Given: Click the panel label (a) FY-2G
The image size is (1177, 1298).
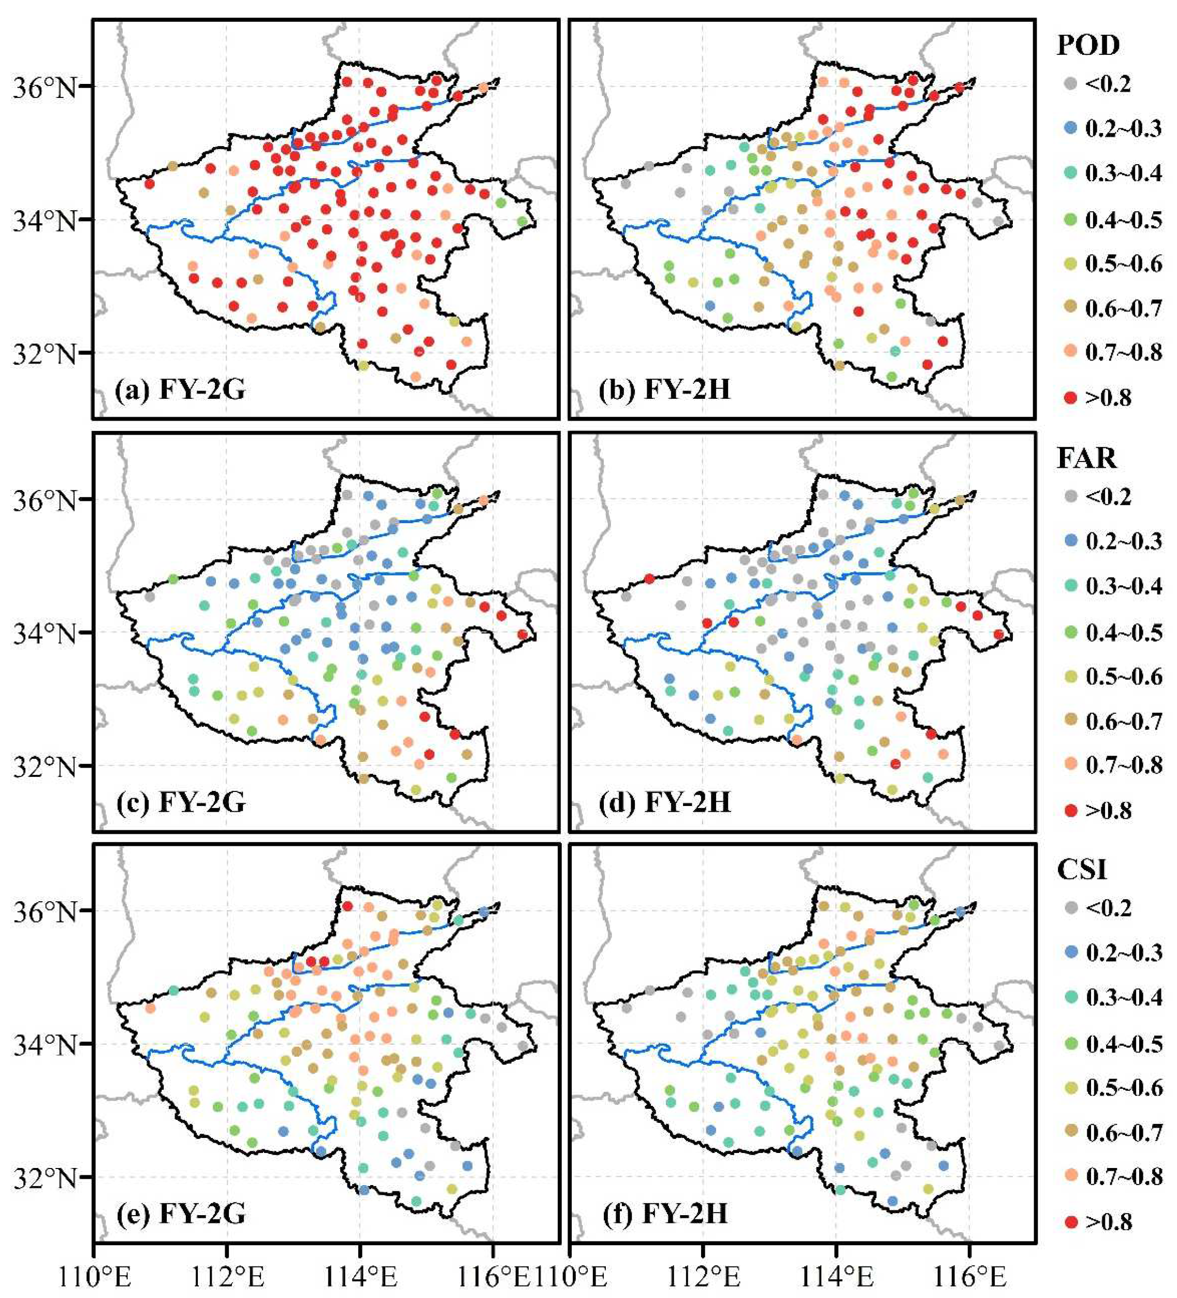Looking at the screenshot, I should click(180, 390).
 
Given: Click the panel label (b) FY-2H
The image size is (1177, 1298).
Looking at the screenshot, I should click(664, 390).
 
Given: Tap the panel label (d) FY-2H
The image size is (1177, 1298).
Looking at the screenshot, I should click(664, 803).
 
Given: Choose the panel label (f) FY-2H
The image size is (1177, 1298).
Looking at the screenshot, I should click(664, 1214).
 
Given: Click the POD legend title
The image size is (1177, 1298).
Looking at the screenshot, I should click(1087, 45).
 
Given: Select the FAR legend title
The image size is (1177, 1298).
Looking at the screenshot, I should click(1086, 458).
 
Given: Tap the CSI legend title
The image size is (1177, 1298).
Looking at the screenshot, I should click(1082, 869).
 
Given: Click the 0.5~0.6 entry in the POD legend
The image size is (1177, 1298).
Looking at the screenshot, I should click(1124, 263).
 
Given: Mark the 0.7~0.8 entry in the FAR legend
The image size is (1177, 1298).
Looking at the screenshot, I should click(1124, 765).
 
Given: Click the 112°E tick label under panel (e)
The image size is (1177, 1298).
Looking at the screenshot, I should click(226, 1277).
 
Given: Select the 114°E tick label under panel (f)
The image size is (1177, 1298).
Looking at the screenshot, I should click(835, 1277).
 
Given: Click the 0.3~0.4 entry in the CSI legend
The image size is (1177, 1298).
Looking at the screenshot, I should click(1124, 997).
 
